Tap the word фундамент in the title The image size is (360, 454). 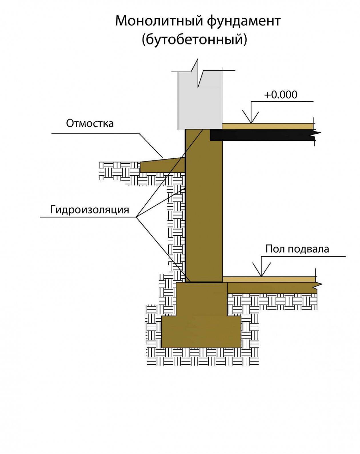click(244, 21)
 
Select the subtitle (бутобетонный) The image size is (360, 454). click(194, 39)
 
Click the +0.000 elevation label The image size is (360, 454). click(281, 95)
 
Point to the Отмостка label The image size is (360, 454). click(90, 123)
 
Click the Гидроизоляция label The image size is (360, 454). click(90, 210)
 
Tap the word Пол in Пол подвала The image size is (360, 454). click(275, 249)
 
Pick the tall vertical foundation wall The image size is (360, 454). click(204, 206)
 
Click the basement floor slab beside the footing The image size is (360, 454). click(271, 288)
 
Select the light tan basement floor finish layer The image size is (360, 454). click(269, 279)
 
